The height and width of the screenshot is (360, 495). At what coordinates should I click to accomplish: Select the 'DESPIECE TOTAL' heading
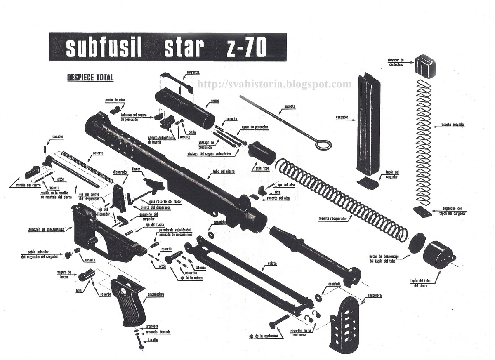tap(90, 77)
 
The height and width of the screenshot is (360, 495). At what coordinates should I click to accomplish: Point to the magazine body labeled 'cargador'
tap(368, 124)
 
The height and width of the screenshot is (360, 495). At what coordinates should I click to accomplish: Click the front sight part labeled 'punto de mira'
tap(114, 111)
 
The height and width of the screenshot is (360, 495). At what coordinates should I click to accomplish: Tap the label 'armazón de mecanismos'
tap(46, 229)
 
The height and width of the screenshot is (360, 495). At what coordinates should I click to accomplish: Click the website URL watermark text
tap(275, 85)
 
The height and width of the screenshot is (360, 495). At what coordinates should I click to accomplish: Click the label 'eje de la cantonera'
tap(262, 336)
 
